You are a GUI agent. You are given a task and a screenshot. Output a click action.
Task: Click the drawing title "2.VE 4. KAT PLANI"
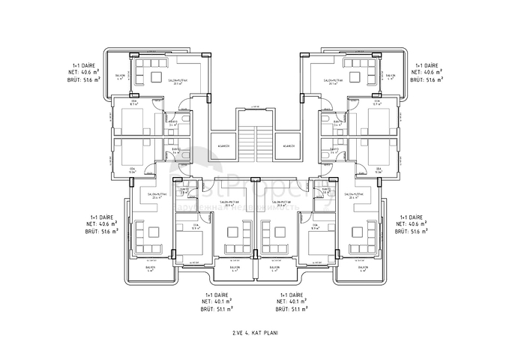254,330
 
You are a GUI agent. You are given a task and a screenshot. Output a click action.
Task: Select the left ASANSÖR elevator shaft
223,146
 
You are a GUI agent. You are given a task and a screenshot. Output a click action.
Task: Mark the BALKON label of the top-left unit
119,76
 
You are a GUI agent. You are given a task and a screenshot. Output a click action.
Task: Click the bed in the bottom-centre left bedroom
196,244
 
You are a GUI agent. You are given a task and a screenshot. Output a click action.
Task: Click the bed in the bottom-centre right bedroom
313,244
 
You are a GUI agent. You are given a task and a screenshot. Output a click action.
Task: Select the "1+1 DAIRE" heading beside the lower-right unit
412,215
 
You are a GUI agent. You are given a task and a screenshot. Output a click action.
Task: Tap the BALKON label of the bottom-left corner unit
151,268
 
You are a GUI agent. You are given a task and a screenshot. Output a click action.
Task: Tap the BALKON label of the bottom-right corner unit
361,268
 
